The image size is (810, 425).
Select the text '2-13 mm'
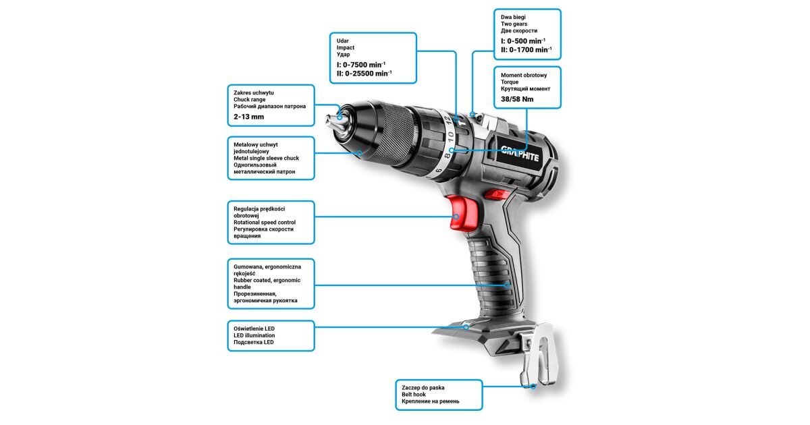pos(249,117)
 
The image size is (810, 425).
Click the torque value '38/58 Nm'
pos(517,99)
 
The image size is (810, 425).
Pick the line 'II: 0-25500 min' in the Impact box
pos(364,74)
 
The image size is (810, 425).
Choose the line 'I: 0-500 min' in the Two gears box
pos(523,41)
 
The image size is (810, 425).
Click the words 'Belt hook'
pos(414,394)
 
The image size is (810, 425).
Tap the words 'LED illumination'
pos(254,335)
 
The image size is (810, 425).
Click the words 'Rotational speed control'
pos(265,222)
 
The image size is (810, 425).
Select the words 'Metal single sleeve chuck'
pos(266,158)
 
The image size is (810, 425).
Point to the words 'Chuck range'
pos(250,99)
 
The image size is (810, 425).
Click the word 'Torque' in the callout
pos(510,82)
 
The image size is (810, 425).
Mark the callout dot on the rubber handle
pos(507,285)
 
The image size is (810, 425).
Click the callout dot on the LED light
pos(466,327)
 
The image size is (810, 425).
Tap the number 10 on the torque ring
pos(450,136)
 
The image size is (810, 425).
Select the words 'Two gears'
pos(514,24)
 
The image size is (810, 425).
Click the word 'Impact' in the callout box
pos(346,48)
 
